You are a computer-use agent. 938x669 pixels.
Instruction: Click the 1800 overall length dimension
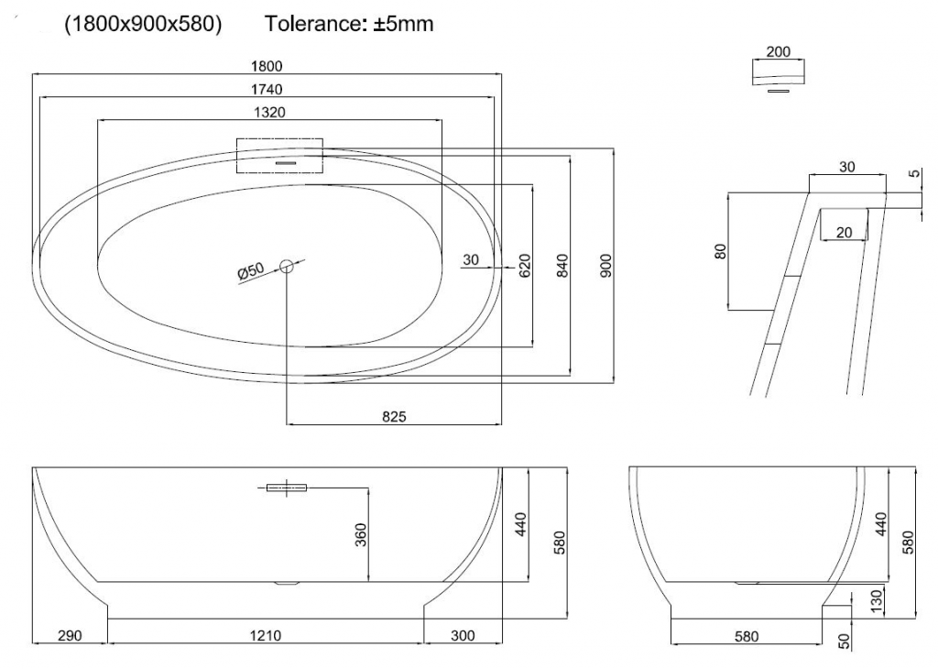pos(267,66)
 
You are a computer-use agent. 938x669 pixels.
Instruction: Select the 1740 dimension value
pos(267,89)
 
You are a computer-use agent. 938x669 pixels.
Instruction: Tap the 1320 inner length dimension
pos(269,112)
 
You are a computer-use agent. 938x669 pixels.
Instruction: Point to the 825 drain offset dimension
pos(394,417)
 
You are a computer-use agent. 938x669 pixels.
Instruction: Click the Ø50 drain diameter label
pos(250,271)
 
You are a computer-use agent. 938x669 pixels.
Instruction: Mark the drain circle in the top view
pos(287,267)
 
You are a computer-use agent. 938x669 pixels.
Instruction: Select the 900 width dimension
pos(605,266)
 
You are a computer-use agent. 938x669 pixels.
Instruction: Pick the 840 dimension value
pos(562,266)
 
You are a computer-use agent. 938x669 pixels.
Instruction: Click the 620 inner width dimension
pos(525,266)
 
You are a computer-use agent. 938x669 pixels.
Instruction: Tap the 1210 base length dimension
pos(266,636)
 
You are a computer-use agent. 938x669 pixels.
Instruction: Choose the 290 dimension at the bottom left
pos(70,636)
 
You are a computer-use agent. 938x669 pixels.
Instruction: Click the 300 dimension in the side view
pos(463,636)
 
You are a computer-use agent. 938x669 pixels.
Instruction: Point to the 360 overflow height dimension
pos(359,533)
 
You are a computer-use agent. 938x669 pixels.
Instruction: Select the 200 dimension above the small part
pos(778,51)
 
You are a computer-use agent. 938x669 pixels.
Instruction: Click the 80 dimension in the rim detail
pos(721,251)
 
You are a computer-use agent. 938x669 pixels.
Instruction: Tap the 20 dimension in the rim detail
pos(844,233)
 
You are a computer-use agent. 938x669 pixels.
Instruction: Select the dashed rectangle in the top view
pos(279,156)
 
